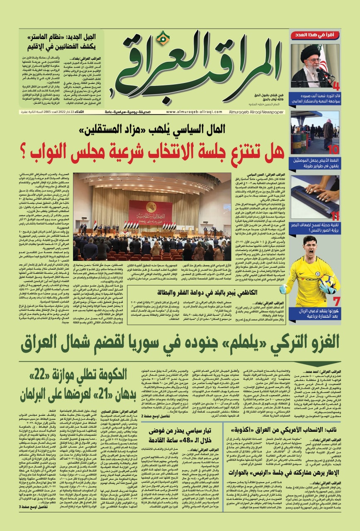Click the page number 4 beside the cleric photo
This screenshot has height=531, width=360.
pyautogui.click(x=336, y=86)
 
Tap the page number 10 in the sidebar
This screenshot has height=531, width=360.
pyautogui.click(x=334, y=150)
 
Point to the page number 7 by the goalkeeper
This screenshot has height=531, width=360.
pyautogui.click(x=336, y=302)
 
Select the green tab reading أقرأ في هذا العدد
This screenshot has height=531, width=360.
pyautogui.click(x=316, y=35)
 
